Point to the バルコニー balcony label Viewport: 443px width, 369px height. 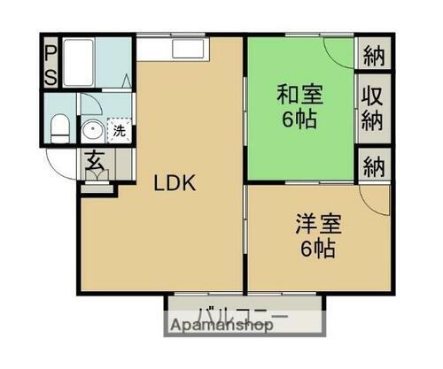click(x=242, y=315)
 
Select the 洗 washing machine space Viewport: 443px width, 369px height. click(x=119, y=130)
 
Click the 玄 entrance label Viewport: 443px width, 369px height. click(x=93, y=162)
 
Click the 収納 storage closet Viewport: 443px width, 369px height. click(x=373, y=107)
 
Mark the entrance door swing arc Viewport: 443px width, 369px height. click(x=62, y=165)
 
